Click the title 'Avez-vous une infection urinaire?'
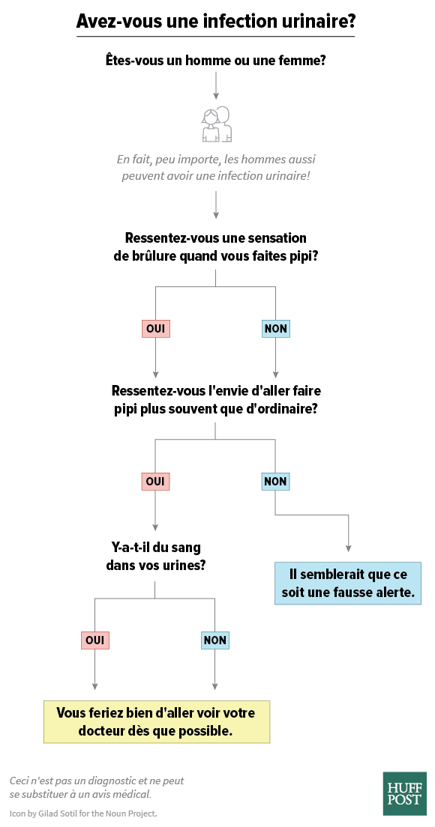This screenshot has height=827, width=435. (x=215, y=20)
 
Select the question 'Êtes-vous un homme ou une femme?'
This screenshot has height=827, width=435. (x=215, y=60)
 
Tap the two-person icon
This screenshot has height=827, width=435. (x=217, y=124)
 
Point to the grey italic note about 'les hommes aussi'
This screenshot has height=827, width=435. (x=215, y=167)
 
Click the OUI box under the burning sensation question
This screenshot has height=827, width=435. (x=156, y=329)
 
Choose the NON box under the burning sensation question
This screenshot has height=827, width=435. (x=275, y=329)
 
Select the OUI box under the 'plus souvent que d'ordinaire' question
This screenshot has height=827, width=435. (x=156, y=481)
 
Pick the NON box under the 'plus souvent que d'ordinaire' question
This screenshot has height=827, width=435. (x=275, y=481)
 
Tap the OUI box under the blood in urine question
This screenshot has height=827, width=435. (x=95, y=640)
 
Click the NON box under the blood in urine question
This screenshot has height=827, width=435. (x=215, y=640)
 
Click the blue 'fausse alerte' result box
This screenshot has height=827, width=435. (x=349, y=584)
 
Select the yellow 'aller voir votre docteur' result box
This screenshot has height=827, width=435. (x=157, y=722)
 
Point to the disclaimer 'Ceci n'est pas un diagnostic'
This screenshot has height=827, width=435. (x=97, y=787)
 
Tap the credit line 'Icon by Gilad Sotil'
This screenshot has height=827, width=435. (x=83, y=814)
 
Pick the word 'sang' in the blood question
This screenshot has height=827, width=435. (x=186, y=547)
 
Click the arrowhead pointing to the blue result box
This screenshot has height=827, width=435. (x=349, y=549)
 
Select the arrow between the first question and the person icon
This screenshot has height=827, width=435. (x=215, y=86)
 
